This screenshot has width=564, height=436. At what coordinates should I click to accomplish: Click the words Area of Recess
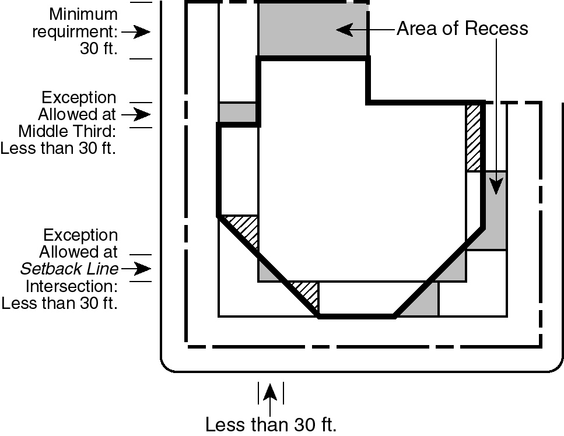(462, 29)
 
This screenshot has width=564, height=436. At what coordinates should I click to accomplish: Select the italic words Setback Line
(69, 269)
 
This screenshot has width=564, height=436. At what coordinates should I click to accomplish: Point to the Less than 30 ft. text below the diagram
(271, 424)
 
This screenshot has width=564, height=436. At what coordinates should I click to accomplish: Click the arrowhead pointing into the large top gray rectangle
(344, 29)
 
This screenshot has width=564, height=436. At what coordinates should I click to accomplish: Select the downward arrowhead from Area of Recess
(496, 186)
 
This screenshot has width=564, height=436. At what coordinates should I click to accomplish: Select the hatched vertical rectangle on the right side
(473, 138)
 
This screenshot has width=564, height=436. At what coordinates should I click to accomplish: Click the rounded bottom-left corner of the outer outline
(164, 367)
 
